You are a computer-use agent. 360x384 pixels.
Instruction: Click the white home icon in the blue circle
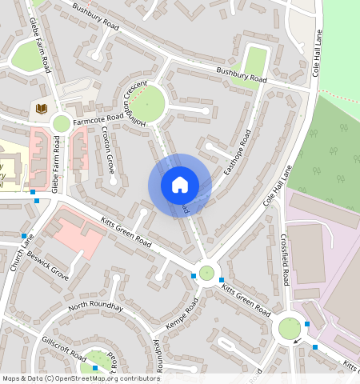click(x=179, y=185)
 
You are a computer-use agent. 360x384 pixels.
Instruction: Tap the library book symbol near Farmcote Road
click(x=40, y=108)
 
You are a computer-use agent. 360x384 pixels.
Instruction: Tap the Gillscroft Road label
click(x=63, y=350)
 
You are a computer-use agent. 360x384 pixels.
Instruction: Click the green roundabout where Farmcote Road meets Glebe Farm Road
click(x=61, y=123)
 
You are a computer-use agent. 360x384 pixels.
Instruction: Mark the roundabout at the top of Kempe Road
click(x=207, y=273)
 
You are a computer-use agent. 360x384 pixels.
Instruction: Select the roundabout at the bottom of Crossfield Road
click(x=288, y=328)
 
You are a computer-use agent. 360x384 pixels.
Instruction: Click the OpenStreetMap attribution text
click(x=81, y=378)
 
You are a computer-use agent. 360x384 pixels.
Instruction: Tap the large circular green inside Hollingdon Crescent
click(x=147, y=104)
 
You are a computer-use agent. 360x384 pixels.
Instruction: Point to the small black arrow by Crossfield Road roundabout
click(x=298, y=342)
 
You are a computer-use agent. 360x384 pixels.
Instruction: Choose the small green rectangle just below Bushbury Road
click(x=254, y=62)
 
